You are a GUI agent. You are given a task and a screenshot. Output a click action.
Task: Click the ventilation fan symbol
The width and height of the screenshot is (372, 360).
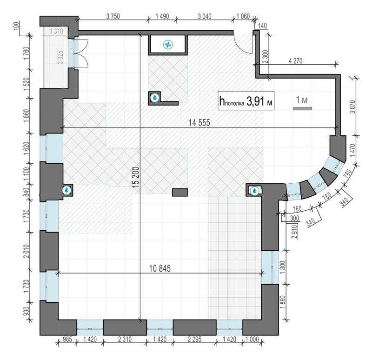coord(168,45)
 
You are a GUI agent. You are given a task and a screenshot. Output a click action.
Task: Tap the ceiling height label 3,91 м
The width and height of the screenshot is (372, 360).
coord(259,101)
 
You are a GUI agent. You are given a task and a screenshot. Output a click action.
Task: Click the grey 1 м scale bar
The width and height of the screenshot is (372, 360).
coord(303,108)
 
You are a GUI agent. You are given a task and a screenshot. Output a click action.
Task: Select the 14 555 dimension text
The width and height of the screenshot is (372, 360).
coord(199,123)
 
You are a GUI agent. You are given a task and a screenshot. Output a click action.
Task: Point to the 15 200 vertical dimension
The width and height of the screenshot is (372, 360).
coord(136,177)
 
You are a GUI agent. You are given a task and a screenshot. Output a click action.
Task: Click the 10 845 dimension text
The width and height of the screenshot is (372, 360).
coord(159,268)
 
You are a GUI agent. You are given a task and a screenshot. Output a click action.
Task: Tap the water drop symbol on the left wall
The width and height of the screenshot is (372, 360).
coord(67,190)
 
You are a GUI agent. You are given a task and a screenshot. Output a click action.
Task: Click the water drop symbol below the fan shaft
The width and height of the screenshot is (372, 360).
coord(155,97)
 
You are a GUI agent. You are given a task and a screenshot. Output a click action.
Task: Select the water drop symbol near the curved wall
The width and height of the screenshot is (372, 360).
coord(254,190)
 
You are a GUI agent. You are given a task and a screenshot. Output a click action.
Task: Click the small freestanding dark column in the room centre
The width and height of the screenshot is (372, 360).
coord(180,192)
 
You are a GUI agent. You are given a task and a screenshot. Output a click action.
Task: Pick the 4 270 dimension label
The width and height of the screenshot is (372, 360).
coord(295,61)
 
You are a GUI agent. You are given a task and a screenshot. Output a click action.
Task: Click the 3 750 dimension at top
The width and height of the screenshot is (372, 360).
coord(113,16)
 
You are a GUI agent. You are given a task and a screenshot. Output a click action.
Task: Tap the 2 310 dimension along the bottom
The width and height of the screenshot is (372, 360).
coord(125,340)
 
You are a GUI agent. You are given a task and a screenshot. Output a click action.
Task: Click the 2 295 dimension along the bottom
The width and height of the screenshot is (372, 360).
coord(194,340)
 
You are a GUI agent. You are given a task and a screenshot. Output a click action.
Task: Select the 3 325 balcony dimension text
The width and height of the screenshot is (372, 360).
coord(60,57)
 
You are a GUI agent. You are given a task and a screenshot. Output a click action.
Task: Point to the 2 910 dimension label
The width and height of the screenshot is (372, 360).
coord(294,232)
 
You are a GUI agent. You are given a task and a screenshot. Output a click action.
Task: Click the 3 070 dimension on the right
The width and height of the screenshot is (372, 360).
coord(353,107)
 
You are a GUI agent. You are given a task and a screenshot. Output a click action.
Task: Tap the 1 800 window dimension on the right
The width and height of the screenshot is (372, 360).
coord(283,267)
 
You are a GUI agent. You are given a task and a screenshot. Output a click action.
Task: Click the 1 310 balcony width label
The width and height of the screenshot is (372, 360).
coord(56,31)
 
